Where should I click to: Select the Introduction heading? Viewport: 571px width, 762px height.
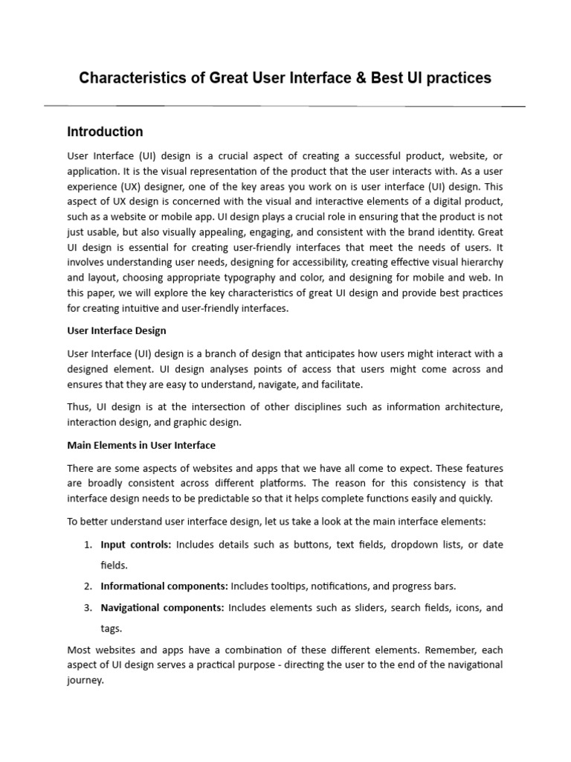click(105, 132)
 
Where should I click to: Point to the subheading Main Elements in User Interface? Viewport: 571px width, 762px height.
click(141, 445)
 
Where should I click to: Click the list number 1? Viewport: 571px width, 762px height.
click(87, 545)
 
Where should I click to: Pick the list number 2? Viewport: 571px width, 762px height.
click(87, 586)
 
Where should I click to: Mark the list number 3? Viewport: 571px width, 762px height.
click(87, 607)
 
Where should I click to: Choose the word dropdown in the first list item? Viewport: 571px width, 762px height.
click(387, 545)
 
